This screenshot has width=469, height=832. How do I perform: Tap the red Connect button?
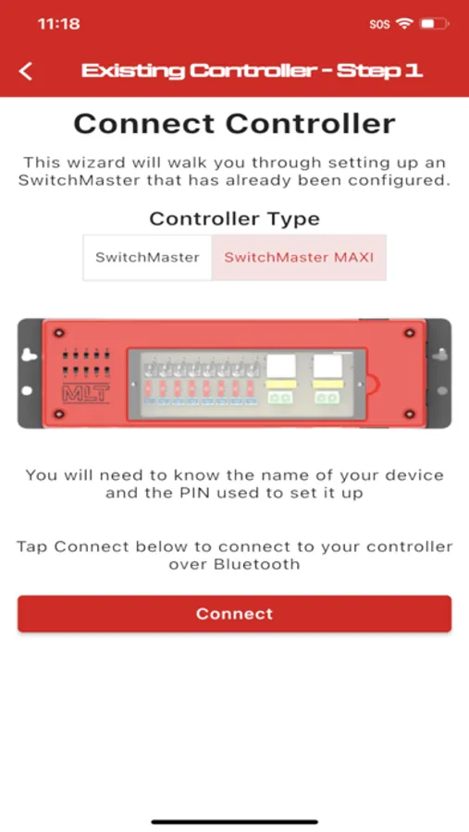click(234, 614)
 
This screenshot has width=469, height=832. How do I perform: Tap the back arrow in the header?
click(26, 71)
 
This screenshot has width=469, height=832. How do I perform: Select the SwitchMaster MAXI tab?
click(299, 257)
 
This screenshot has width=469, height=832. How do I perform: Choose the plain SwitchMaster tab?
click(147, 257)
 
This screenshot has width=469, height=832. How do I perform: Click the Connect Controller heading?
click(234, 124)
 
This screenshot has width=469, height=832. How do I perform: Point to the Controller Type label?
click(234, 218)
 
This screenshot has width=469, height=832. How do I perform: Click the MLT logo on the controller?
click(86, 394)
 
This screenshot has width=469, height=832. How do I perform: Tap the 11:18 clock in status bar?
click(58, 24)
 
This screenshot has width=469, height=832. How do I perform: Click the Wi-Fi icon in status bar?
click(404, 23)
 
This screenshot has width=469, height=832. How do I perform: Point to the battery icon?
click(435, 24)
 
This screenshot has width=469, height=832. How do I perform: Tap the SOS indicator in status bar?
click(379, 24)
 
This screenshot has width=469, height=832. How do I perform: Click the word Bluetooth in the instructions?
click(256, 564)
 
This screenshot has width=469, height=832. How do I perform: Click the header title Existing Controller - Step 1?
click(252, 70)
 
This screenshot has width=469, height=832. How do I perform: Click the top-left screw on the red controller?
click(59, 333)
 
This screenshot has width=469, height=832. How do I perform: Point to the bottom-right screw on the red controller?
click(409, 413)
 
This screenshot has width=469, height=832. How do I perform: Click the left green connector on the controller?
click(280, 398)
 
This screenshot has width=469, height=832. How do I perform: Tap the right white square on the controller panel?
click(327, 366)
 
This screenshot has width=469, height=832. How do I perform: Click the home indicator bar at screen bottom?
click(234, 822)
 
